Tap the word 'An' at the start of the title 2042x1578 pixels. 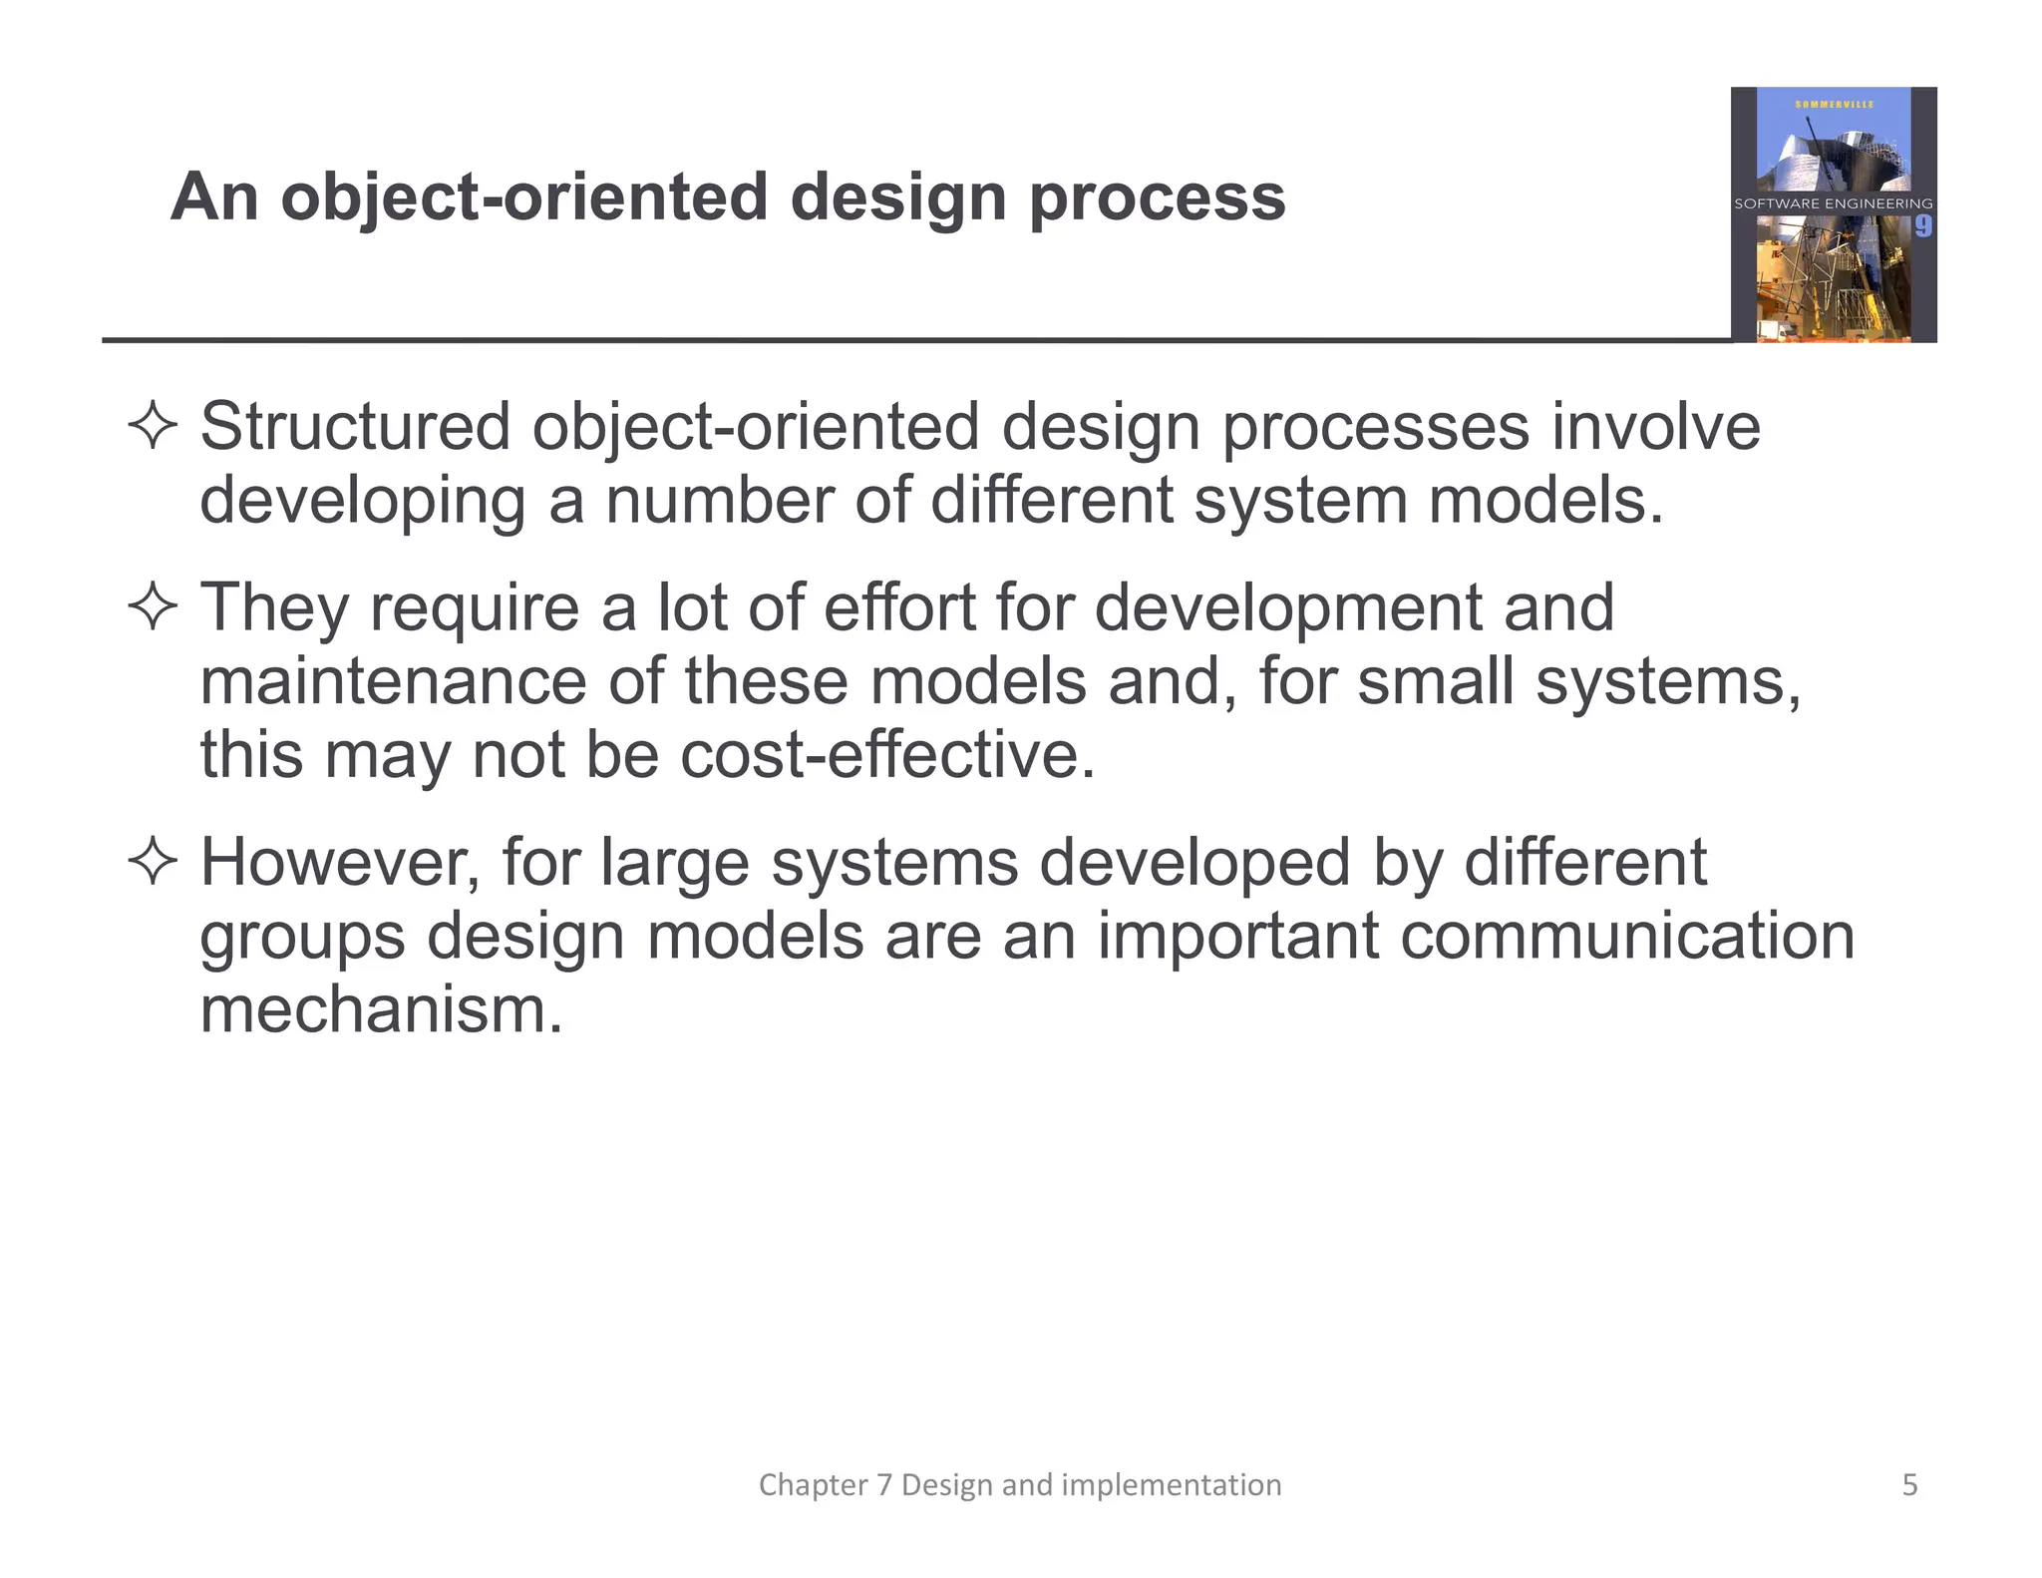[x=213, y=197]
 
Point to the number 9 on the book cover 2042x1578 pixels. [x=1922, y=226]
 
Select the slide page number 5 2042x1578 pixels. [x=1909, y=1485]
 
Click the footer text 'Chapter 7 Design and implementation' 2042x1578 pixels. [x=1020, y=1485]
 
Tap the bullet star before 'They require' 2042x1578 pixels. [x=153, y=606]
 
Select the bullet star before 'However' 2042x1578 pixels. [x=153, y=862]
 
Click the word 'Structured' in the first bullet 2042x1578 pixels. [x=355, y=427]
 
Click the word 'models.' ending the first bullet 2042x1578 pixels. [x=1545, y=500]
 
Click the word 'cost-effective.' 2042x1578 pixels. [x=887, y=754]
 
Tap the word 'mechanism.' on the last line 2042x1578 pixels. [x=381, y=1009]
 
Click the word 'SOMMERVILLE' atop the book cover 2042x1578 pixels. [x=1834, y=104]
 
